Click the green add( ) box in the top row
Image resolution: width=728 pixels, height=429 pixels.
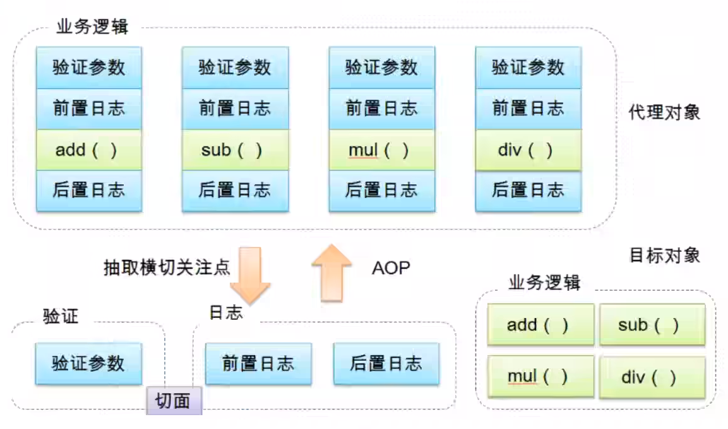(88, 150)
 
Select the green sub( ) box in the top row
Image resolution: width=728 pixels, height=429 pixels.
(235, 150)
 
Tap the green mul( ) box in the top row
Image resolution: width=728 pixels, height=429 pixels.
(381, 150)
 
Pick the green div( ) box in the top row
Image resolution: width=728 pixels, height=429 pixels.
(528, 150)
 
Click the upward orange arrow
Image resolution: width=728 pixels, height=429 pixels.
(331, 272)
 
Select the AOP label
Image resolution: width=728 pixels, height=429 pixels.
(390, 267)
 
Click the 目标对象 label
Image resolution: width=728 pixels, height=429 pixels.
(664, 255)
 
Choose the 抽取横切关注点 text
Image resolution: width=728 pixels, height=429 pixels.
(167, 267)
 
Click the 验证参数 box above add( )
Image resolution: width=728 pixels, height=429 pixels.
(88, 67)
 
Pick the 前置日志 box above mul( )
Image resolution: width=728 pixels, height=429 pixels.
(381, 108)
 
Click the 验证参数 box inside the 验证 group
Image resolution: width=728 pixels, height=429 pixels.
(88, 363)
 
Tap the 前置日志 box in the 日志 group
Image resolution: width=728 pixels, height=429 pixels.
(258, 363)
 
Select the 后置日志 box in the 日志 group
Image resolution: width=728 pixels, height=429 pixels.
(386, 363)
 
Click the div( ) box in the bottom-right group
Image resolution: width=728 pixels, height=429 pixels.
(652, 377)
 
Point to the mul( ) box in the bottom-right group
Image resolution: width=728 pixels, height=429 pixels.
(540, 377)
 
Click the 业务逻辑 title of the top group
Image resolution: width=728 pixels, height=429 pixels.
(92, 28)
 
